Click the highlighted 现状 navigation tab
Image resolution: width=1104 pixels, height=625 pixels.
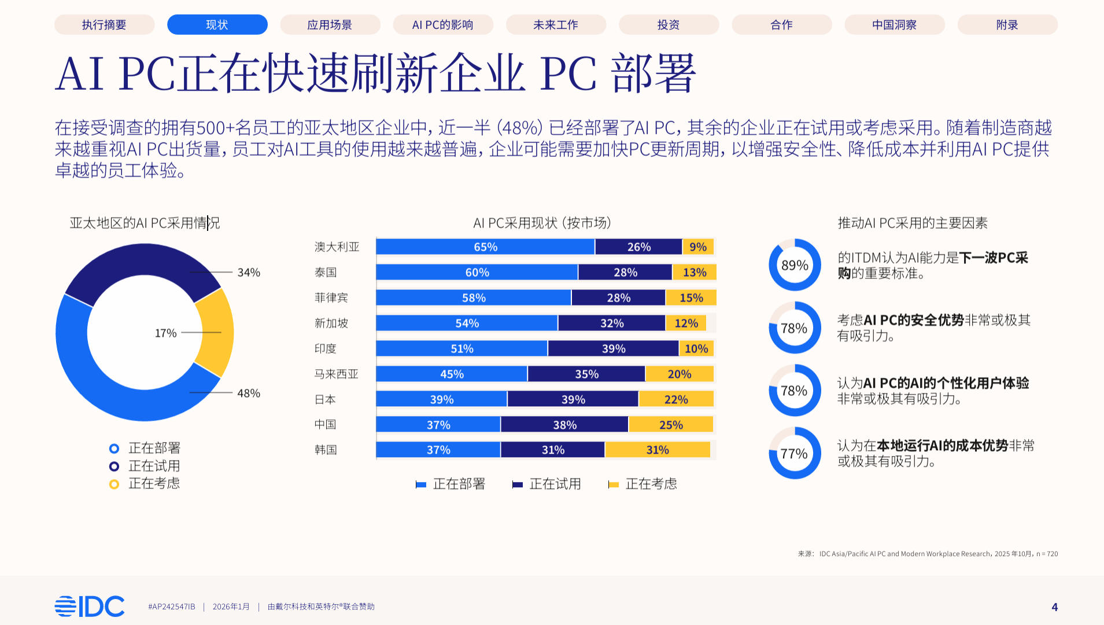[x=217, y=25]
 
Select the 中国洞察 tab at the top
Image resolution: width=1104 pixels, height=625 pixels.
[x=894, y=25]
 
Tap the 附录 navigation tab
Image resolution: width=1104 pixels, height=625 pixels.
[x=1007, y=25]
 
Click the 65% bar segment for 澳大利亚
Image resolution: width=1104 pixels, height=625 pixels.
[x=485, y=247]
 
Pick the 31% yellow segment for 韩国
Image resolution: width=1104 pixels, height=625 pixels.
[x=657, y=450]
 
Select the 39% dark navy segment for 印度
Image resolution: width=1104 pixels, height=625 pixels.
[x=613, y=349]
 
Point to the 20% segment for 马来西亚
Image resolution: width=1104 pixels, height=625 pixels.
[x=679, y=374]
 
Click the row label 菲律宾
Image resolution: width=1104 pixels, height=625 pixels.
[x=331, y=298]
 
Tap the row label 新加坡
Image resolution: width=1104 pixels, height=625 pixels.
[x=331, y=323]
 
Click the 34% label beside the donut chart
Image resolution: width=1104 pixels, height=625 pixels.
[x=249, y=273]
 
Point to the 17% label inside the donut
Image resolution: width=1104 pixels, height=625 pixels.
[x=165, y=333]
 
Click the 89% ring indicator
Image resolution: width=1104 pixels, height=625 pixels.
[x=795, y=265]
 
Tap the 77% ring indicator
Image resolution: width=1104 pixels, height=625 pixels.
[x=795, y=454]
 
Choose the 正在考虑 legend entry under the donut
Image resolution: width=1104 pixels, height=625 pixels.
[x=153, y=484]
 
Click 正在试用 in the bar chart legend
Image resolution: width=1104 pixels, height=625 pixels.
[x=555, y=484]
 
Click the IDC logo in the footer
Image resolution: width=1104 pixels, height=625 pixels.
[x=90, y=606]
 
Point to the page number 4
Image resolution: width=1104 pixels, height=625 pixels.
[x=1054, y=607]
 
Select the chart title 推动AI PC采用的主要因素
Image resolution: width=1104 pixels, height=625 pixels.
[x=912, y=223]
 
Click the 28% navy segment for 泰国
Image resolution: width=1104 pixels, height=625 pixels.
[x=625, y=273]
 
